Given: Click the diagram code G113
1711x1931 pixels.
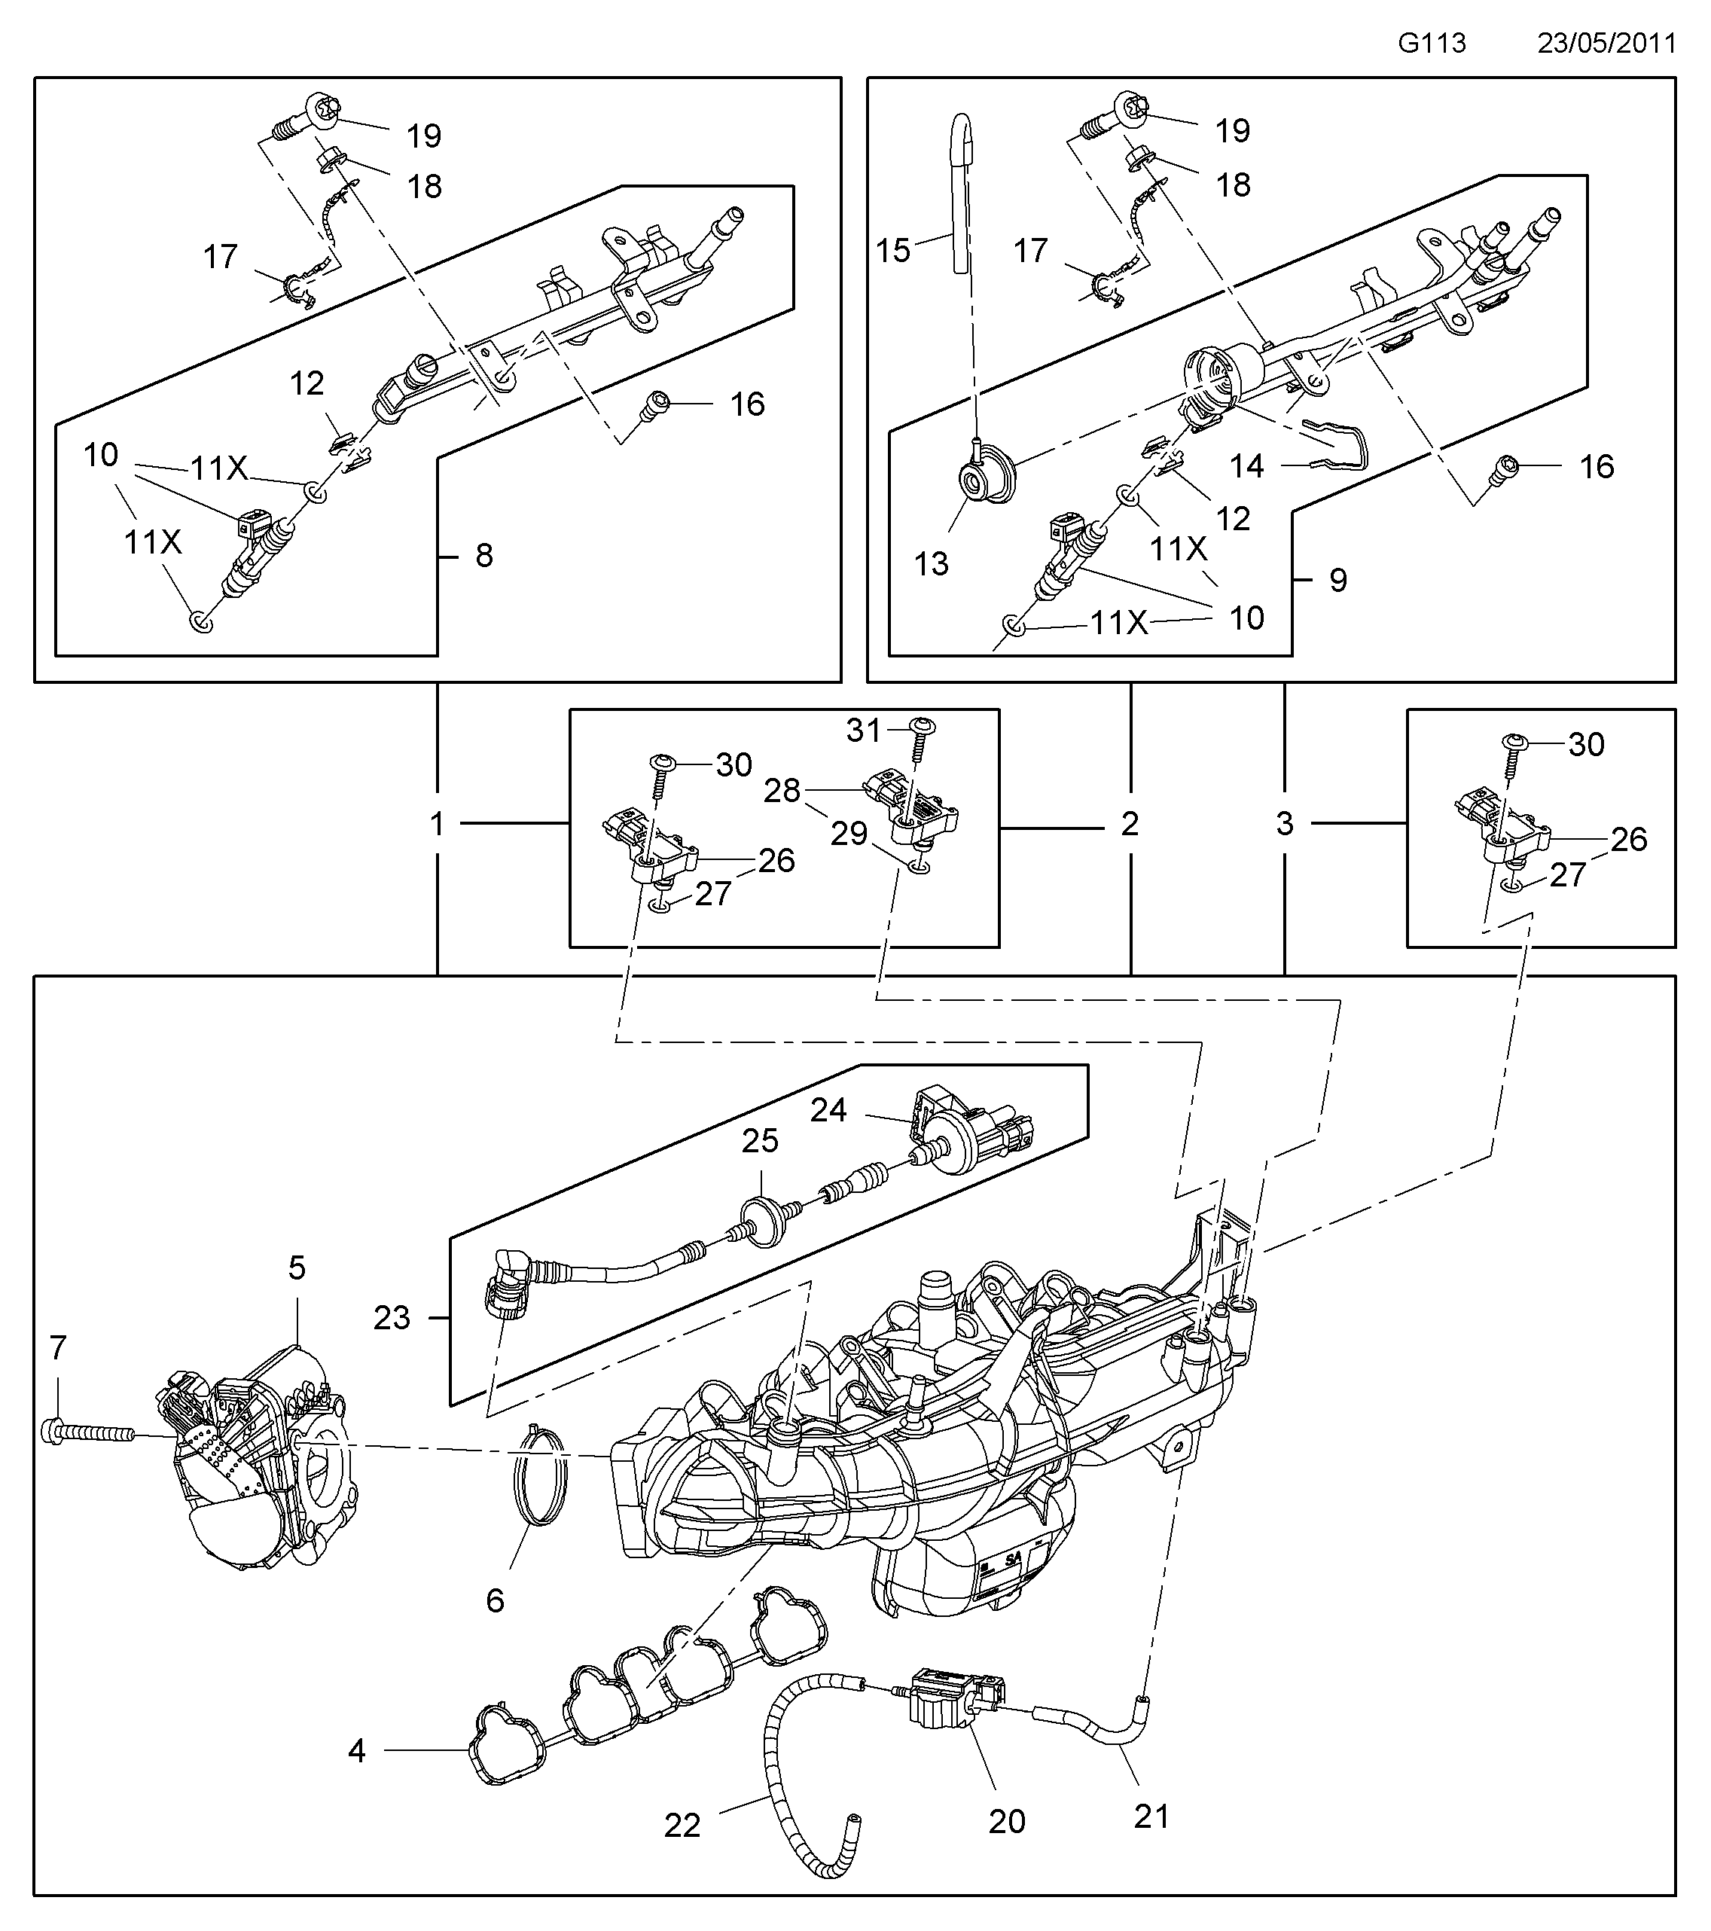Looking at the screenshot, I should [x=1432, y=44].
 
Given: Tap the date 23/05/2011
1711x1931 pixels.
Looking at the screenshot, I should [x=1606, y=44].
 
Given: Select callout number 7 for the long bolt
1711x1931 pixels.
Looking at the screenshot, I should [x=59, y=1348].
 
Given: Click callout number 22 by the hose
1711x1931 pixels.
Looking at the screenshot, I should [x=682, y=1852].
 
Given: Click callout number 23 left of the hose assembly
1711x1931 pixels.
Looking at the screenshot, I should [x=391, y=1317].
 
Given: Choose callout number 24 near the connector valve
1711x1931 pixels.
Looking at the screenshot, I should [x=828, y=1109].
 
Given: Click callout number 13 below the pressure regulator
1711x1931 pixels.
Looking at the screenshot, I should [x=931, y=564].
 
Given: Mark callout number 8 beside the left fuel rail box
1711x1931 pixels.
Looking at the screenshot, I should [x=483, y=556].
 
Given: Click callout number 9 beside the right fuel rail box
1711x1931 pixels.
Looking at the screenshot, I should [x=1337, y=579].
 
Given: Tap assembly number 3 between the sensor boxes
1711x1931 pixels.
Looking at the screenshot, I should [x=1285, y=824].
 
